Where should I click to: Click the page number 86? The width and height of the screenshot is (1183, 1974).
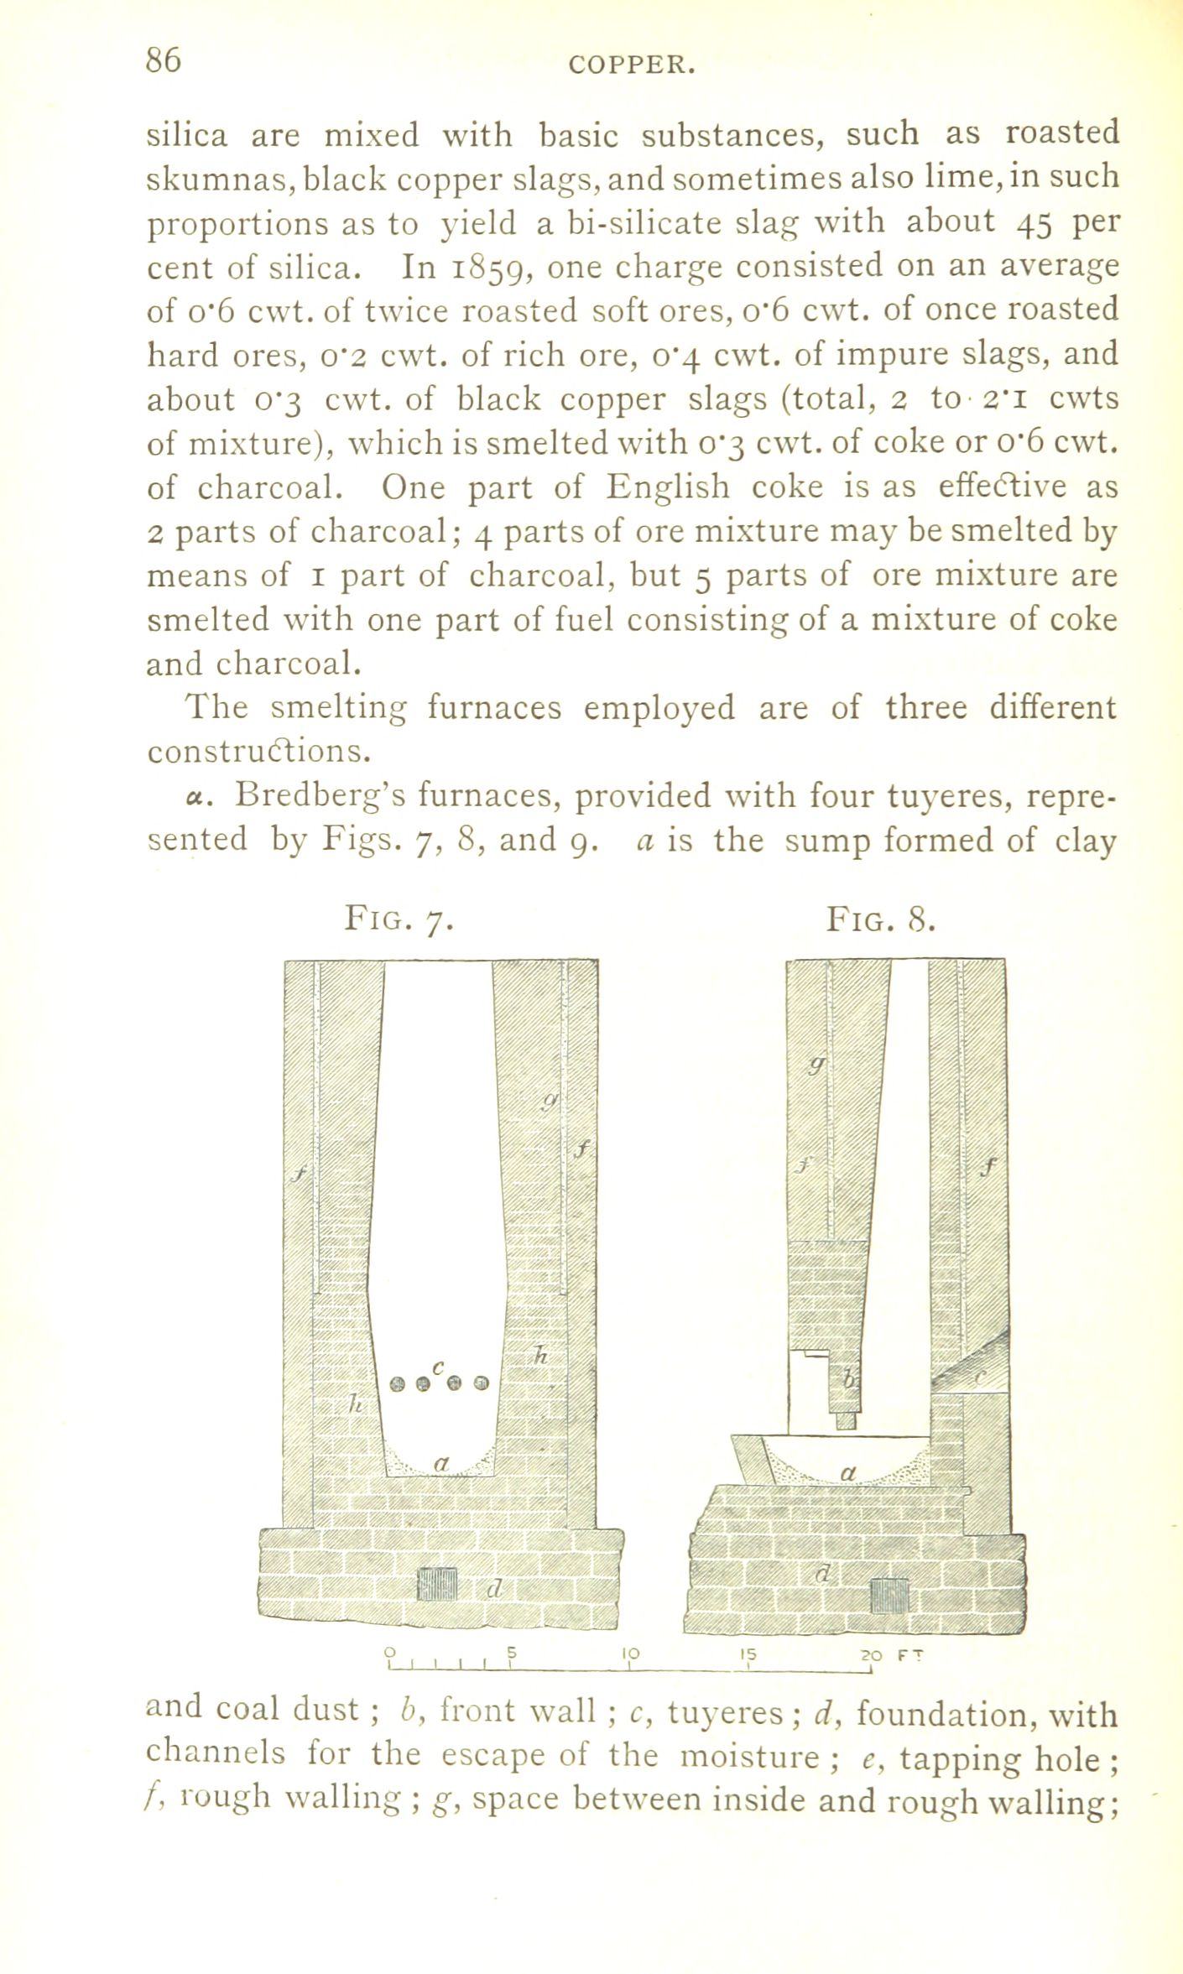[164, 61]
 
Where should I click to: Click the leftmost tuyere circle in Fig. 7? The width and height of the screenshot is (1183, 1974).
[399, 1383]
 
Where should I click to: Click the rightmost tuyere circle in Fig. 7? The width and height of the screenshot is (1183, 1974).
[480, 1383]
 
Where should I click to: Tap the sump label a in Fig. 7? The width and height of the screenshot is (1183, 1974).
[440, 1463]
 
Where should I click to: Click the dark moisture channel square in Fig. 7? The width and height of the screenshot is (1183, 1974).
[437, 1585]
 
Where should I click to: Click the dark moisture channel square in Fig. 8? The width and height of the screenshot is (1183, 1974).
[889, 1595]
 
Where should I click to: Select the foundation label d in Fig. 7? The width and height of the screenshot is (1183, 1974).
[494, 1588]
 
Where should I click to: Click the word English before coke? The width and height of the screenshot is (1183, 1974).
[669, 487]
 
